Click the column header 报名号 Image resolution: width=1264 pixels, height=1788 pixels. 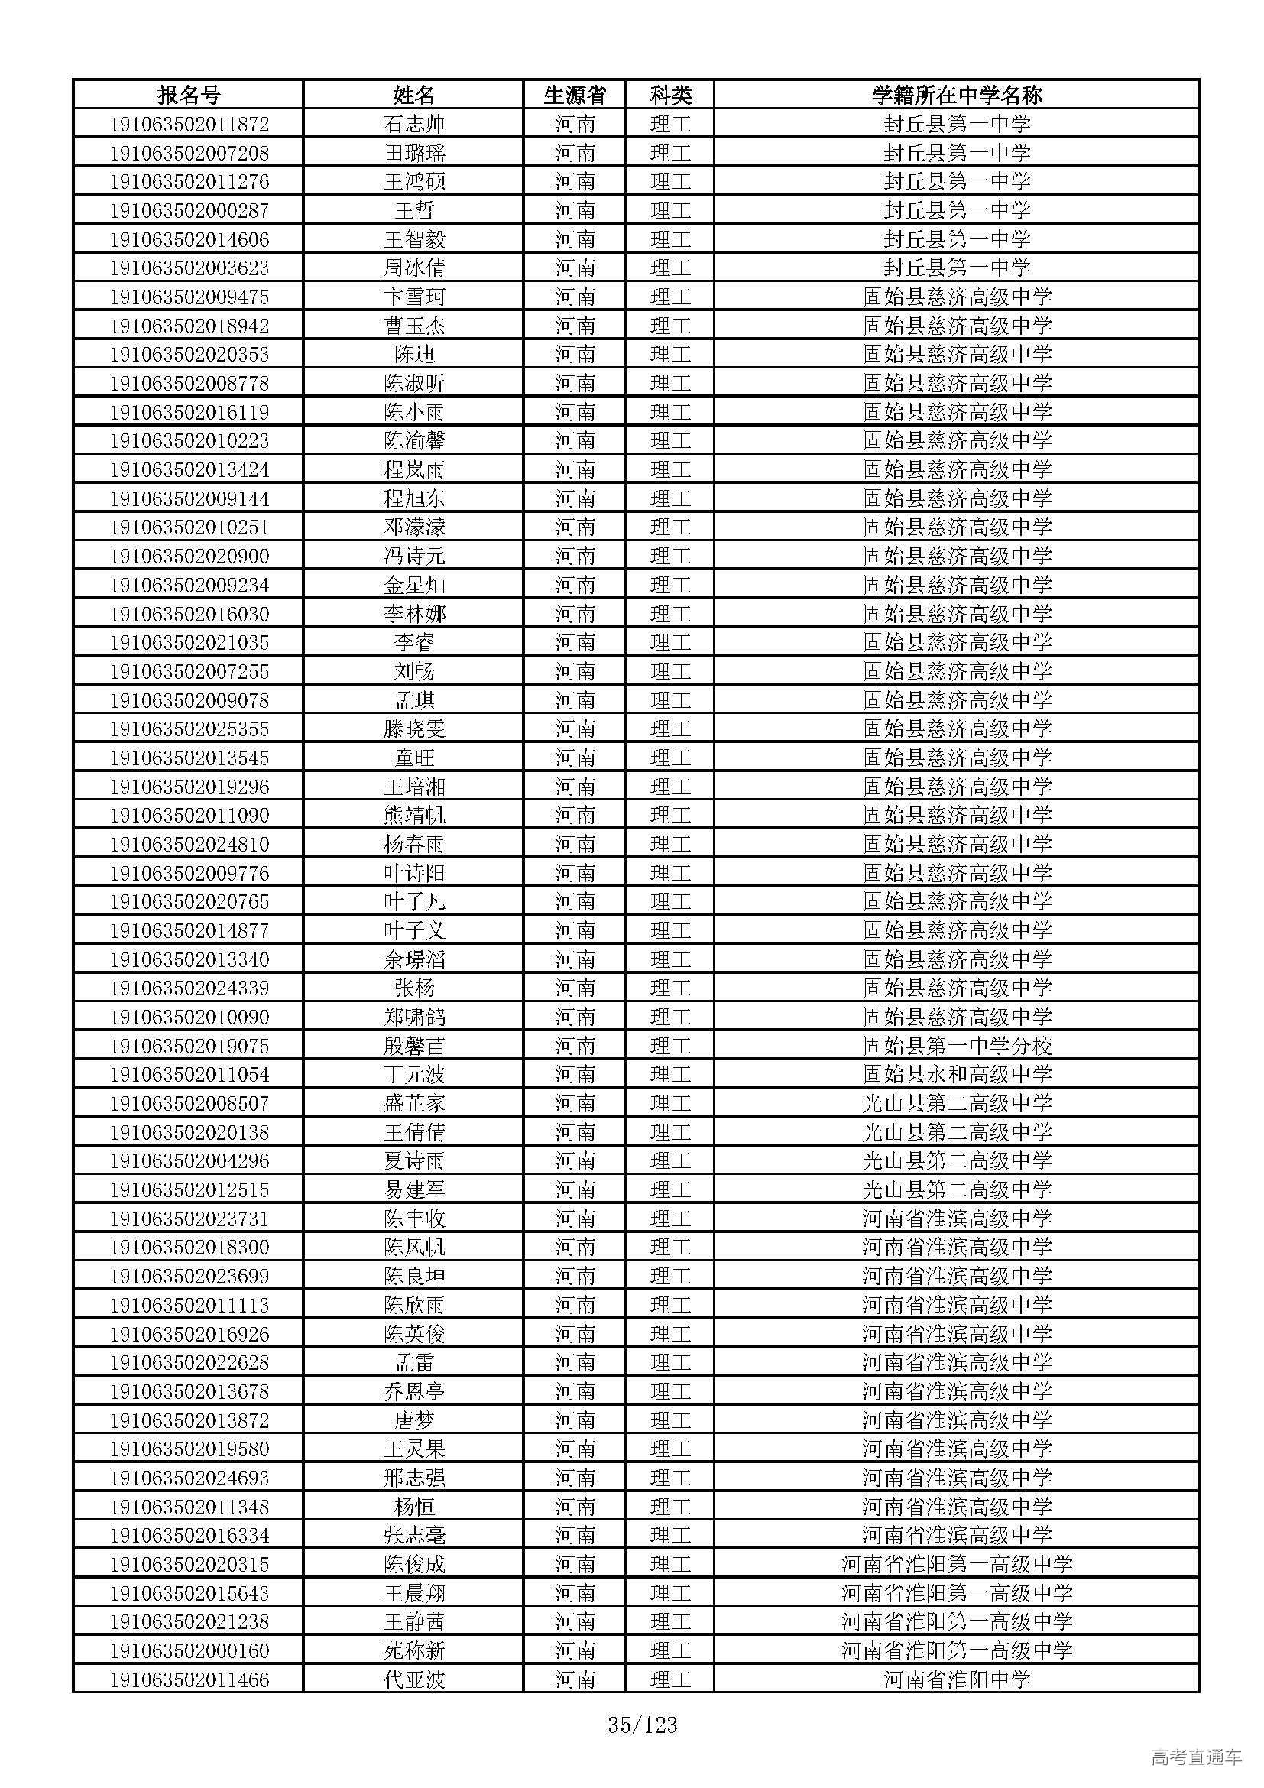coord(189,95)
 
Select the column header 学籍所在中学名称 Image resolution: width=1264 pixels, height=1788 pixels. coord(957,95)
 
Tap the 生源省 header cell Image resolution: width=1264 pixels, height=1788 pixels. coord(575,95)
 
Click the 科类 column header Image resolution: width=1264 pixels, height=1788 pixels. coord(670,95)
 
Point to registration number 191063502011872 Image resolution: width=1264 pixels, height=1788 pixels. coord(189,124)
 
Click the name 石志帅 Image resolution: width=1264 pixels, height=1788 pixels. coord(414,124)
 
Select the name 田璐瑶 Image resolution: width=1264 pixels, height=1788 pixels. coord(414,153)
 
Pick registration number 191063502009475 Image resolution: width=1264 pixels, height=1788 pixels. coord(189,297)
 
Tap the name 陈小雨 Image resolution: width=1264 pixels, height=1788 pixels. coord(414,412)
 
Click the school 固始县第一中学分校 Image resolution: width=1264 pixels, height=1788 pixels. coord(957,1046)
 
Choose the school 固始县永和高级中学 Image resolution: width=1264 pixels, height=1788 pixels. coord(957,1075)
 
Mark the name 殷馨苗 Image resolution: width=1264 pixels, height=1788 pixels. coord(414,1046)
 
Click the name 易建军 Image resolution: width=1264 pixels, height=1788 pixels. coord(414,1190)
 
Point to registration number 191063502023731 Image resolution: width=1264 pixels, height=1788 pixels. coord(189,1219)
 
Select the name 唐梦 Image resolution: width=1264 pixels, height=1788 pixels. coord(414,1420)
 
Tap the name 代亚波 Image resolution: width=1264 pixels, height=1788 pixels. coord(414,1679)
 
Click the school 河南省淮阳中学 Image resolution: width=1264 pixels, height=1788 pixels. coord(957,1679)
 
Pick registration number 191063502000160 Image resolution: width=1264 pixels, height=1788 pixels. coord(189,1651)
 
